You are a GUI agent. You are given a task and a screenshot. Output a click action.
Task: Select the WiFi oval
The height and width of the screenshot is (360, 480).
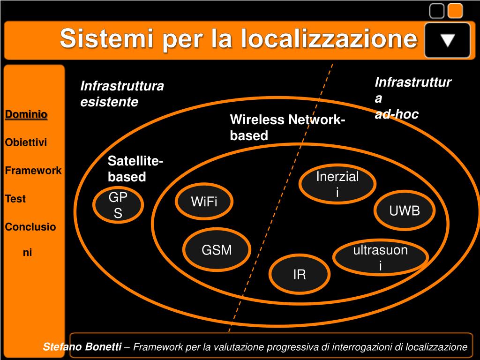[204, 202]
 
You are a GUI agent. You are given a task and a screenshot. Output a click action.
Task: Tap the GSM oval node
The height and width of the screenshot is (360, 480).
[217, 250]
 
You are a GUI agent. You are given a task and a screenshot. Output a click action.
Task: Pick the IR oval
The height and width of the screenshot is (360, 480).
[299, 274]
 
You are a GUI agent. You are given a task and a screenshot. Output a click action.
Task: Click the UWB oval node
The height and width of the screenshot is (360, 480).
[405, 211]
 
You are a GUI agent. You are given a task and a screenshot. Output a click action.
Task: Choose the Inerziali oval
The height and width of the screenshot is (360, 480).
[337, 184]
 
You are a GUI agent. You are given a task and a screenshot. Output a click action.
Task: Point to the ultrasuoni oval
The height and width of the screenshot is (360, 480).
[380, 257]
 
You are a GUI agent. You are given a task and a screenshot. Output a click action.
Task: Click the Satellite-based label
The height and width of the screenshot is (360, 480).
[135, 169]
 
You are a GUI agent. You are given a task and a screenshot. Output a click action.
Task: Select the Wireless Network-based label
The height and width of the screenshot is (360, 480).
[287, 127]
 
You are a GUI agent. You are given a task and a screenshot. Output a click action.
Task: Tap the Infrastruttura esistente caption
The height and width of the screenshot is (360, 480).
[122, 94]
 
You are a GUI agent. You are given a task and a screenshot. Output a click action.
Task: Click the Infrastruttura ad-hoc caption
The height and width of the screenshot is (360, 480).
[412, 98]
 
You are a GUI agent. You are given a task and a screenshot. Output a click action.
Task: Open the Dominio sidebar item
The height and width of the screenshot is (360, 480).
[26, 114]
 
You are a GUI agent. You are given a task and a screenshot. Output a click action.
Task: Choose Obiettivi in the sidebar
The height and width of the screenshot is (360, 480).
[26, 142]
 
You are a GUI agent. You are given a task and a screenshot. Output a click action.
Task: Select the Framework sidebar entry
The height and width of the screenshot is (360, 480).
[33, 171]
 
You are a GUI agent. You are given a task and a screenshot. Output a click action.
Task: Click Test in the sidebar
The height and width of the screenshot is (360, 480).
[15, 199]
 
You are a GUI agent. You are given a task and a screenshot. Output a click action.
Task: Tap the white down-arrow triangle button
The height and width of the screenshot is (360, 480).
[448, 40]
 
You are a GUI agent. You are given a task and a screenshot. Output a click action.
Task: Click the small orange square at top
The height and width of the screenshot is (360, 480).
[455, 11]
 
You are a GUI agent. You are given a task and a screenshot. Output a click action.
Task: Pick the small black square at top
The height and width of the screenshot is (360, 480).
[437, 11]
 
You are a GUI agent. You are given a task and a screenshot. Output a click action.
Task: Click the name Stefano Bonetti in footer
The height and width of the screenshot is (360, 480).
[82, 347]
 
